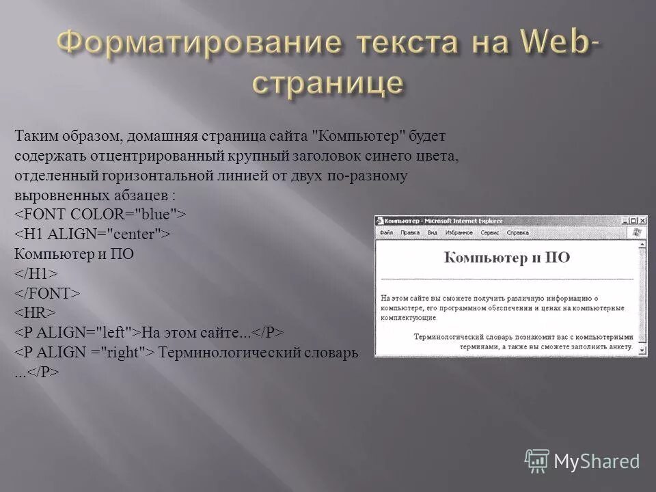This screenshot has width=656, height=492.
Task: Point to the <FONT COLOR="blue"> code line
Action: [100, 215]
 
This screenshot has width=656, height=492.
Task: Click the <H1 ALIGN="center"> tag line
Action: [92, 234]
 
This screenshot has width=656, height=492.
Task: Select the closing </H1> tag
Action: [36, 273]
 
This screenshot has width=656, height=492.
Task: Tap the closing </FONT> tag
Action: [47, 293]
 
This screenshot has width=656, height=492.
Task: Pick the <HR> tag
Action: [35, 313]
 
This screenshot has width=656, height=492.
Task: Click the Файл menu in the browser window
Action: [386, 233]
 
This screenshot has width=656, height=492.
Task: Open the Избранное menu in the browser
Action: [458, 233]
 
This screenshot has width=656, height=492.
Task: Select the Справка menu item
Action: [518, 233]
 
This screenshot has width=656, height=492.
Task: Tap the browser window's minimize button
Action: [624, 221]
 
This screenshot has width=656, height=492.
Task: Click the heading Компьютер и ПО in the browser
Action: [506, 258]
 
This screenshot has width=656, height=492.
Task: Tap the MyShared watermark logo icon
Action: [537, 460]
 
